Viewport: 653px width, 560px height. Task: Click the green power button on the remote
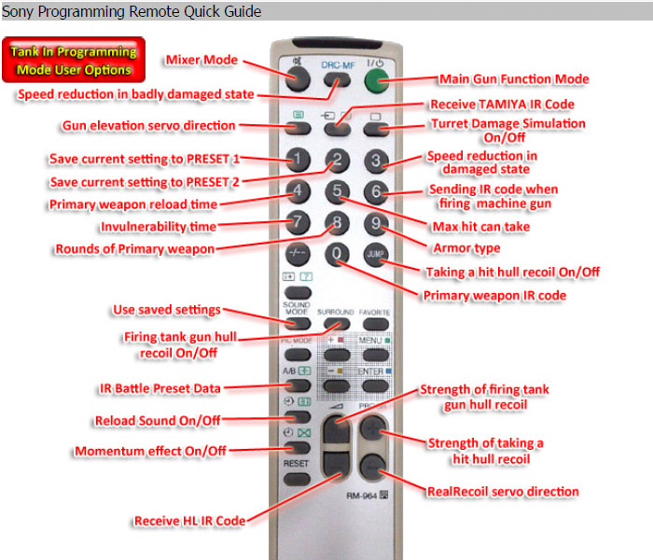[377, 80]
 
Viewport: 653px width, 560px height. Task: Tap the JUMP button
[376, 254]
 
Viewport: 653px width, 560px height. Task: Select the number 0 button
[337, 254]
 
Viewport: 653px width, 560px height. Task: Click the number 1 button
[298, 160]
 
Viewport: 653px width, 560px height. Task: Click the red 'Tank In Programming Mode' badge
[74, 60]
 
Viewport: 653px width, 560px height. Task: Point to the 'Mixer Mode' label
[202, 60]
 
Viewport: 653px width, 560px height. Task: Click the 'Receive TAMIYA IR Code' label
[502, 105]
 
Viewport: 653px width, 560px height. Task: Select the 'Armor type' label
[466, 248]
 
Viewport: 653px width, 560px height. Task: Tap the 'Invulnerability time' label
[159, 227]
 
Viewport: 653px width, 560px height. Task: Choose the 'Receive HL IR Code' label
[190, 521]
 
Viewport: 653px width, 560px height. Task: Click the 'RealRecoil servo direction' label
[503, 492]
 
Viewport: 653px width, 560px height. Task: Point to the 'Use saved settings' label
[167, 310]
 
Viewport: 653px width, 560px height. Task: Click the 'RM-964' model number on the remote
[362, 496]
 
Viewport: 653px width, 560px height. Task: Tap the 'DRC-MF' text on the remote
[338, 65]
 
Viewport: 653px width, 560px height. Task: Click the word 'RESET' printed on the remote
[296, 463]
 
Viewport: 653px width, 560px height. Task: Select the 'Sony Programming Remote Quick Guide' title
[132, 11]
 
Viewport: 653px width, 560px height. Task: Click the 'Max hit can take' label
[481, 227]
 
